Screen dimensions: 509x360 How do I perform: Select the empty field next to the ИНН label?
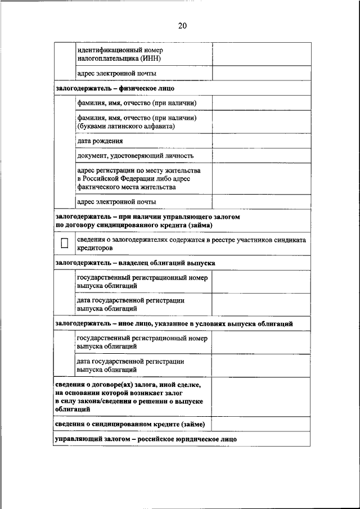(260, 54)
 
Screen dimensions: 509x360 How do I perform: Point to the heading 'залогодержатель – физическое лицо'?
(115, 88)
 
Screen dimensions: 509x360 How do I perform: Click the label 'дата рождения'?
(100, 141)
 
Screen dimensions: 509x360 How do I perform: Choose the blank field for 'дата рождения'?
(260, 141)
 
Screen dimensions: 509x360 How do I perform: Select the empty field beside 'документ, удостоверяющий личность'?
(260, 156)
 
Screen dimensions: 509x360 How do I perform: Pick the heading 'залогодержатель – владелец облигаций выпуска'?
(135, 263)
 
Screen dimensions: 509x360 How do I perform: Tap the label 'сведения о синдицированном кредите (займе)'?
(130, 424)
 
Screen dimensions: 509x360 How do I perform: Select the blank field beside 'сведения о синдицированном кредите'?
(260, 424)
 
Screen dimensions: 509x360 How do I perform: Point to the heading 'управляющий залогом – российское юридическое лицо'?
(146, 439)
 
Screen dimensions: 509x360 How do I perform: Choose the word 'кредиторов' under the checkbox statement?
(95, 247)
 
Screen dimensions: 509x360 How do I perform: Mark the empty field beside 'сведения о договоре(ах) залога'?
(260, 397)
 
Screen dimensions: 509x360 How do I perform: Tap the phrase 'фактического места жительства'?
(126, 187)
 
